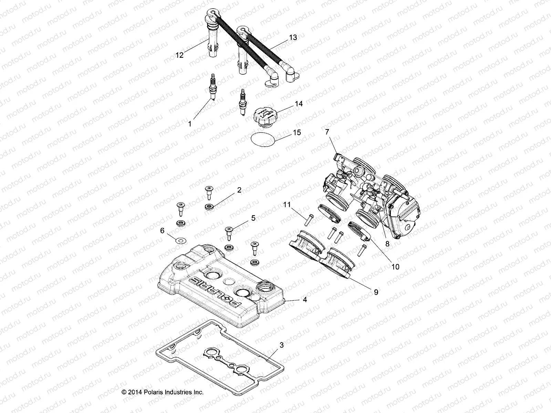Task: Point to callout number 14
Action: click(299, 103)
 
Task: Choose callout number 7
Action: click(327, 131)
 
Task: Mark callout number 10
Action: click(395, 266)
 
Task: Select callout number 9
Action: click(376, 292)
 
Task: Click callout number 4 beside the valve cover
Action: click(304, 300)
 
